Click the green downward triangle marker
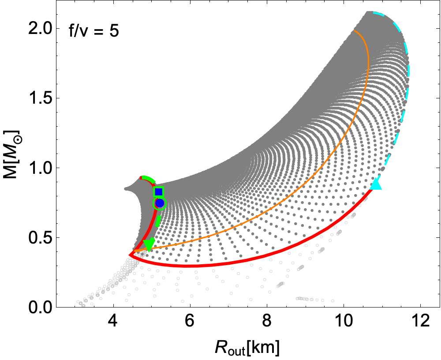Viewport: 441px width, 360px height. click(149, 244)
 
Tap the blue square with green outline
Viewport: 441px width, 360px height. click(158, 191)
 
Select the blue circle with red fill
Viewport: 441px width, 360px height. click(159, 203)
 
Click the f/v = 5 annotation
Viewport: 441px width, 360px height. click(93, 32)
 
